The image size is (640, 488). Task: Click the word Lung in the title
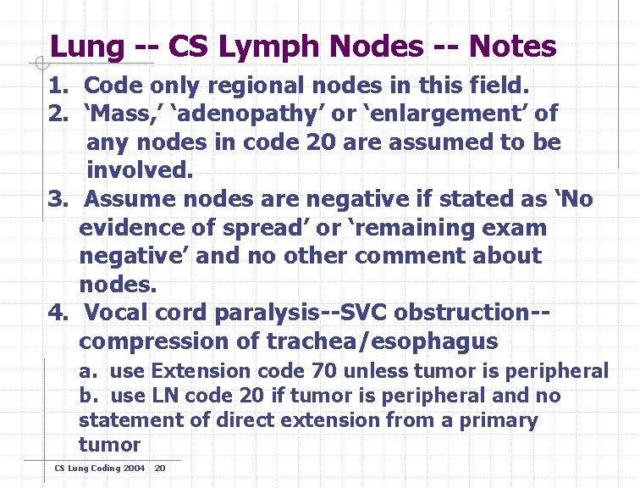86,47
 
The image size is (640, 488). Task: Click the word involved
140,169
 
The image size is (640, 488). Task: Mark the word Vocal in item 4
123,313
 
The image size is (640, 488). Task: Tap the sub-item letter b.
86,396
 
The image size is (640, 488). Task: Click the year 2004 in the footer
134,468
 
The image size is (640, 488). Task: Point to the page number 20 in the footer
161,468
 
